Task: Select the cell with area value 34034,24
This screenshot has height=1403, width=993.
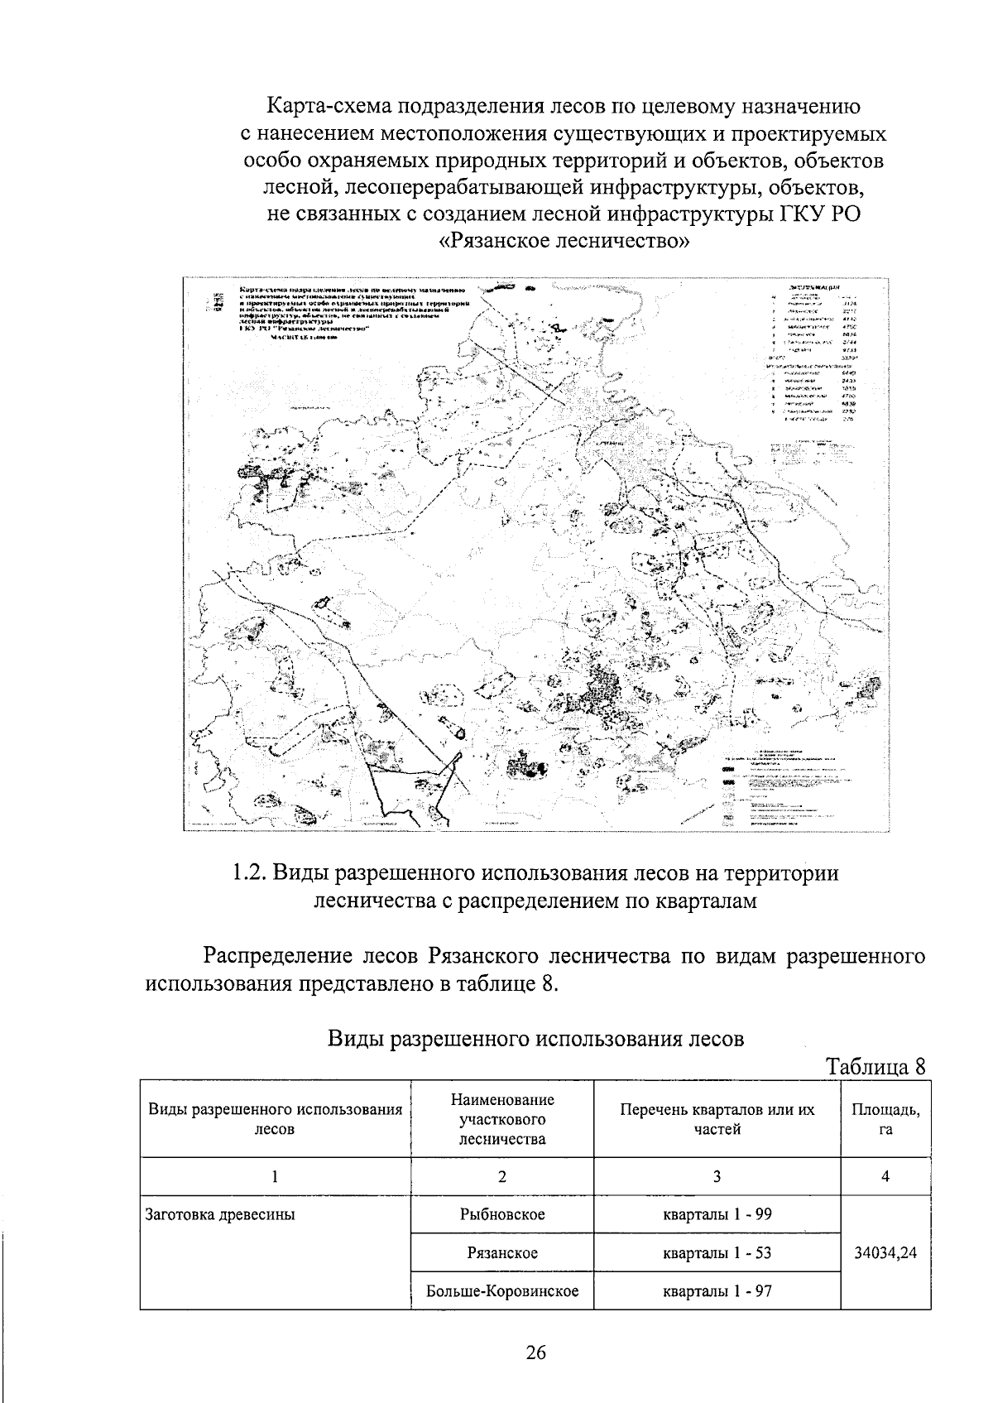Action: [x=885, y=1252]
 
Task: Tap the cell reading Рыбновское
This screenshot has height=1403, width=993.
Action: [x=501, y=1214]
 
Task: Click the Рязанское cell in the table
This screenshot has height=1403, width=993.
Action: [x=501, y=1252]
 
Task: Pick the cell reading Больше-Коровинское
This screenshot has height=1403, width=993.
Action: [x=501, y=1290]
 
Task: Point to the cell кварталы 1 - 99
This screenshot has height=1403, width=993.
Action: [x=717, y=1214]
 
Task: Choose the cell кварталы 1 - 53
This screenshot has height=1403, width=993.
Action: [x=717, y=1252]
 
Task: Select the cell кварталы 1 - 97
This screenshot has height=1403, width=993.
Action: [x=717, y=1290]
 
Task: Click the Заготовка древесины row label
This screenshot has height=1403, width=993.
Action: [x=220, y=1215]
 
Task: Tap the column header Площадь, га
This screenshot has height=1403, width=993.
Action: [x=885, y=1118]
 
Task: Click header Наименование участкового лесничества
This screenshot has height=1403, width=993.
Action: [x=501, y=1118]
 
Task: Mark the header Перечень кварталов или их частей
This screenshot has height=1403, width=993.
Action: [x=717, y=1118]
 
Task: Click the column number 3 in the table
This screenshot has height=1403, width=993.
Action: [x=717, y=1175]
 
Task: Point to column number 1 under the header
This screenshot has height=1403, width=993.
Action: [x=276, y=1175]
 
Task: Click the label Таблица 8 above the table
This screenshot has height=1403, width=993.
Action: [x=875, y=1066]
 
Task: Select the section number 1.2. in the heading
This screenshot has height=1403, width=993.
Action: [x=249, y=872]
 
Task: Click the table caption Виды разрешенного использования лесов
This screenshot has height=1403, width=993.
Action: [x=536, y=1038]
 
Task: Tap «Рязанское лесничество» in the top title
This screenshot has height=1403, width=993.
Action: [x=563, y=242]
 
